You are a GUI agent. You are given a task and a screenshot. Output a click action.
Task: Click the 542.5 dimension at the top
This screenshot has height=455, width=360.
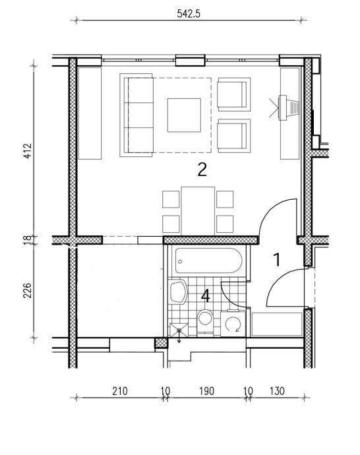[189, 14]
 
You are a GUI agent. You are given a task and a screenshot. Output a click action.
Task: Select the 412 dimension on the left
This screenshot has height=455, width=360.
[27, 150]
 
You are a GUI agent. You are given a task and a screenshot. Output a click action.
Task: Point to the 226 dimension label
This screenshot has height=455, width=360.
[27, 290]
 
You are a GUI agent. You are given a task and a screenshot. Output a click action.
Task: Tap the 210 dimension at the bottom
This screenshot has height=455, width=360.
[120, 391]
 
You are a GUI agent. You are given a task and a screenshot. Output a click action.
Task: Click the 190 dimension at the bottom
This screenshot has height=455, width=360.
[206, 391]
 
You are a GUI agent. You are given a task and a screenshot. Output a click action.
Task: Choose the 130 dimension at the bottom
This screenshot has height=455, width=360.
[277, 391]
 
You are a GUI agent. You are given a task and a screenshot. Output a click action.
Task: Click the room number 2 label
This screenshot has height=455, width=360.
[202, 169]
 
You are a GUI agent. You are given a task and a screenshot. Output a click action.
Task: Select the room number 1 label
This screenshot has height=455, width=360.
[278, 260]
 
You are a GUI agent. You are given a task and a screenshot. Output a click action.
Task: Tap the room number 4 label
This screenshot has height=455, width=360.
[205, 296]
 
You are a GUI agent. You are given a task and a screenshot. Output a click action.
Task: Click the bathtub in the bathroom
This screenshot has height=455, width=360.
[208, 260]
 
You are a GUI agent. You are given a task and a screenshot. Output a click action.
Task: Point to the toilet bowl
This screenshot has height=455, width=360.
[205, 321]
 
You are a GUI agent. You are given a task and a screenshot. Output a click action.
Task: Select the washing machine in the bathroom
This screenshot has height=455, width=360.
[233, 324]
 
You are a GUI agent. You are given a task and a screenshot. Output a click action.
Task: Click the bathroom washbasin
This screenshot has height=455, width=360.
[177, 291]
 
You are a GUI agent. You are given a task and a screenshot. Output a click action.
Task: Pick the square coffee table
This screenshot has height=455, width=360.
[184, 115]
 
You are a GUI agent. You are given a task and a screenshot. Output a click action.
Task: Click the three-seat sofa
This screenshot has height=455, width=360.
[136, 115]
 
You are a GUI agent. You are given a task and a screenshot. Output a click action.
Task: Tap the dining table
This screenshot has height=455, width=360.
[198, 211]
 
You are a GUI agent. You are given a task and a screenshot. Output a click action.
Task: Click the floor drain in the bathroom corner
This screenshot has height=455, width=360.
[179, 330]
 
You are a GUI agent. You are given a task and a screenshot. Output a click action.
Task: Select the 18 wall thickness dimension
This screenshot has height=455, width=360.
[27, 239]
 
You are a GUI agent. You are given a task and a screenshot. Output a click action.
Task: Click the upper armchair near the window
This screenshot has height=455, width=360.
[234, 94]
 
